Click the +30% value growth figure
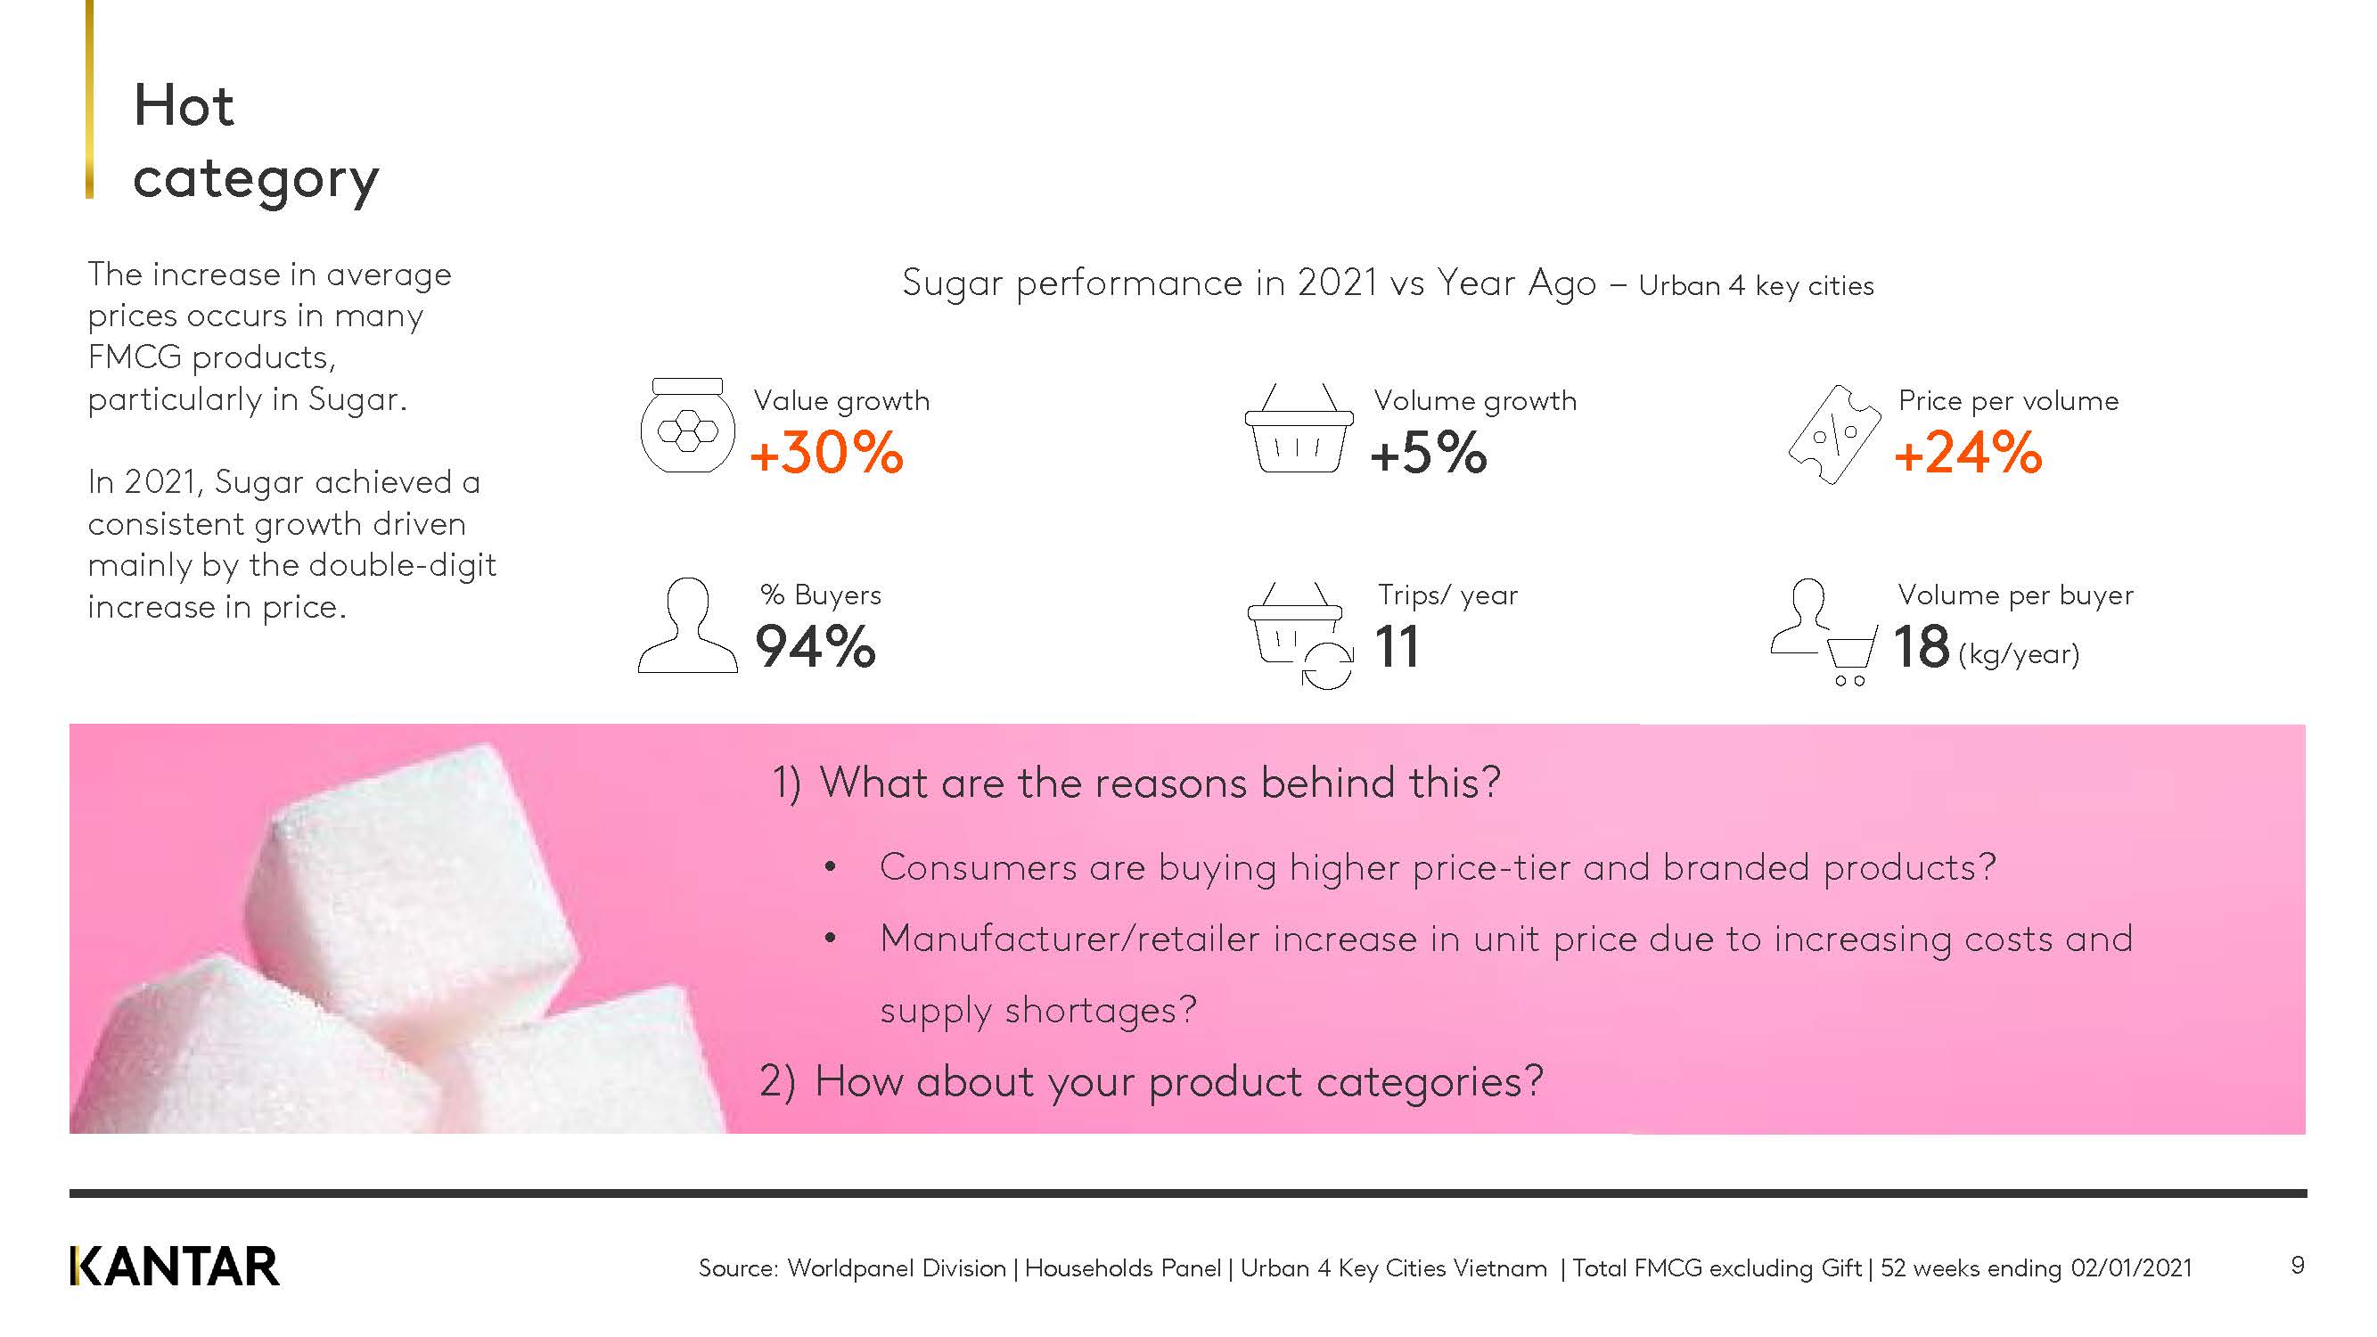(x=827, y=453)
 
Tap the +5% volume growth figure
(x=1429, y=453)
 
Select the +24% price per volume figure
(x=1968, y=453)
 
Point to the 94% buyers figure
(x=816, y=646)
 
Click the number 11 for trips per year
(x=1396, y=646)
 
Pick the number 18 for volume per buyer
(x=1922, y=646)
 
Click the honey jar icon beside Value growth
(x=687, y=425)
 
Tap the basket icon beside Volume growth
(x=1299, y=428)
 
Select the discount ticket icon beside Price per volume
(x=1833, y=434)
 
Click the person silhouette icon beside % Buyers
(x=687, y=626)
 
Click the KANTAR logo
(x=175, y=1266)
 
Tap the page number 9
(x=2298, y=1265)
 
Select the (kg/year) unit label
(x=2019, y=654)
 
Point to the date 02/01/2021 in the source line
(x=2132, y=1267)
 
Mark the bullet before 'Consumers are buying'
(x=831, y=867)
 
